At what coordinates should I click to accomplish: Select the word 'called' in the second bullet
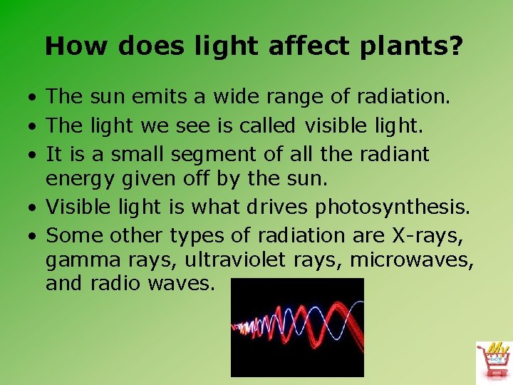coord(267,125)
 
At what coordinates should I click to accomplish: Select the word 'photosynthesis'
coord(391,207)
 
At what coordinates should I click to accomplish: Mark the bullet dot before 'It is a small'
coord(34,154)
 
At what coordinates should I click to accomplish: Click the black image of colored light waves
coord(297,327)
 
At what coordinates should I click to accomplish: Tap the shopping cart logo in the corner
coord(493,361)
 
